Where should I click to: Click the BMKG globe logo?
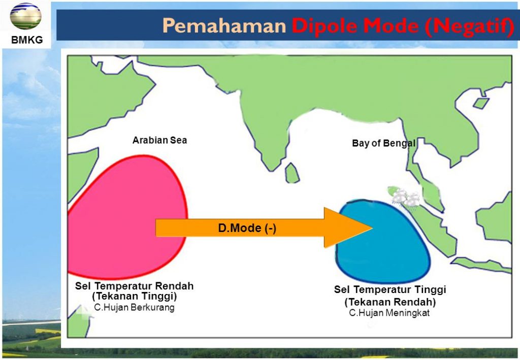[x=25, y=16]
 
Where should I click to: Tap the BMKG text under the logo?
[x=27, y=40]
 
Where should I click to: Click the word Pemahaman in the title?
[x=224, y=25]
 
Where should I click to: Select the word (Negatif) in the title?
[x=470, y=26]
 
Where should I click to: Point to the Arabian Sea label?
[x=159, y=140]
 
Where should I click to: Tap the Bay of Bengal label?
[x=384, y=143]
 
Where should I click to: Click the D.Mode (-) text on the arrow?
[x=247, y=228]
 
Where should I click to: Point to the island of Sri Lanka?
[x=292, y=173]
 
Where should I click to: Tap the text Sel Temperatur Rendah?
[x=134, y=286]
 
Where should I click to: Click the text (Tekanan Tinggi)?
[x=134, y=296]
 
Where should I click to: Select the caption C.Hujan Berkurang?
[x=134, y=307]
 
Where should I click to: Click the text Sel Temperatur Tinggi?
[x=390, y=289]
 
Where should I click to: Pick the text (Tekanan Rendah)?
[x=390, y=302]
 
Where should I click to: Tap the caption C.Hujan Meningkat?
[x=389, y=313]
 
